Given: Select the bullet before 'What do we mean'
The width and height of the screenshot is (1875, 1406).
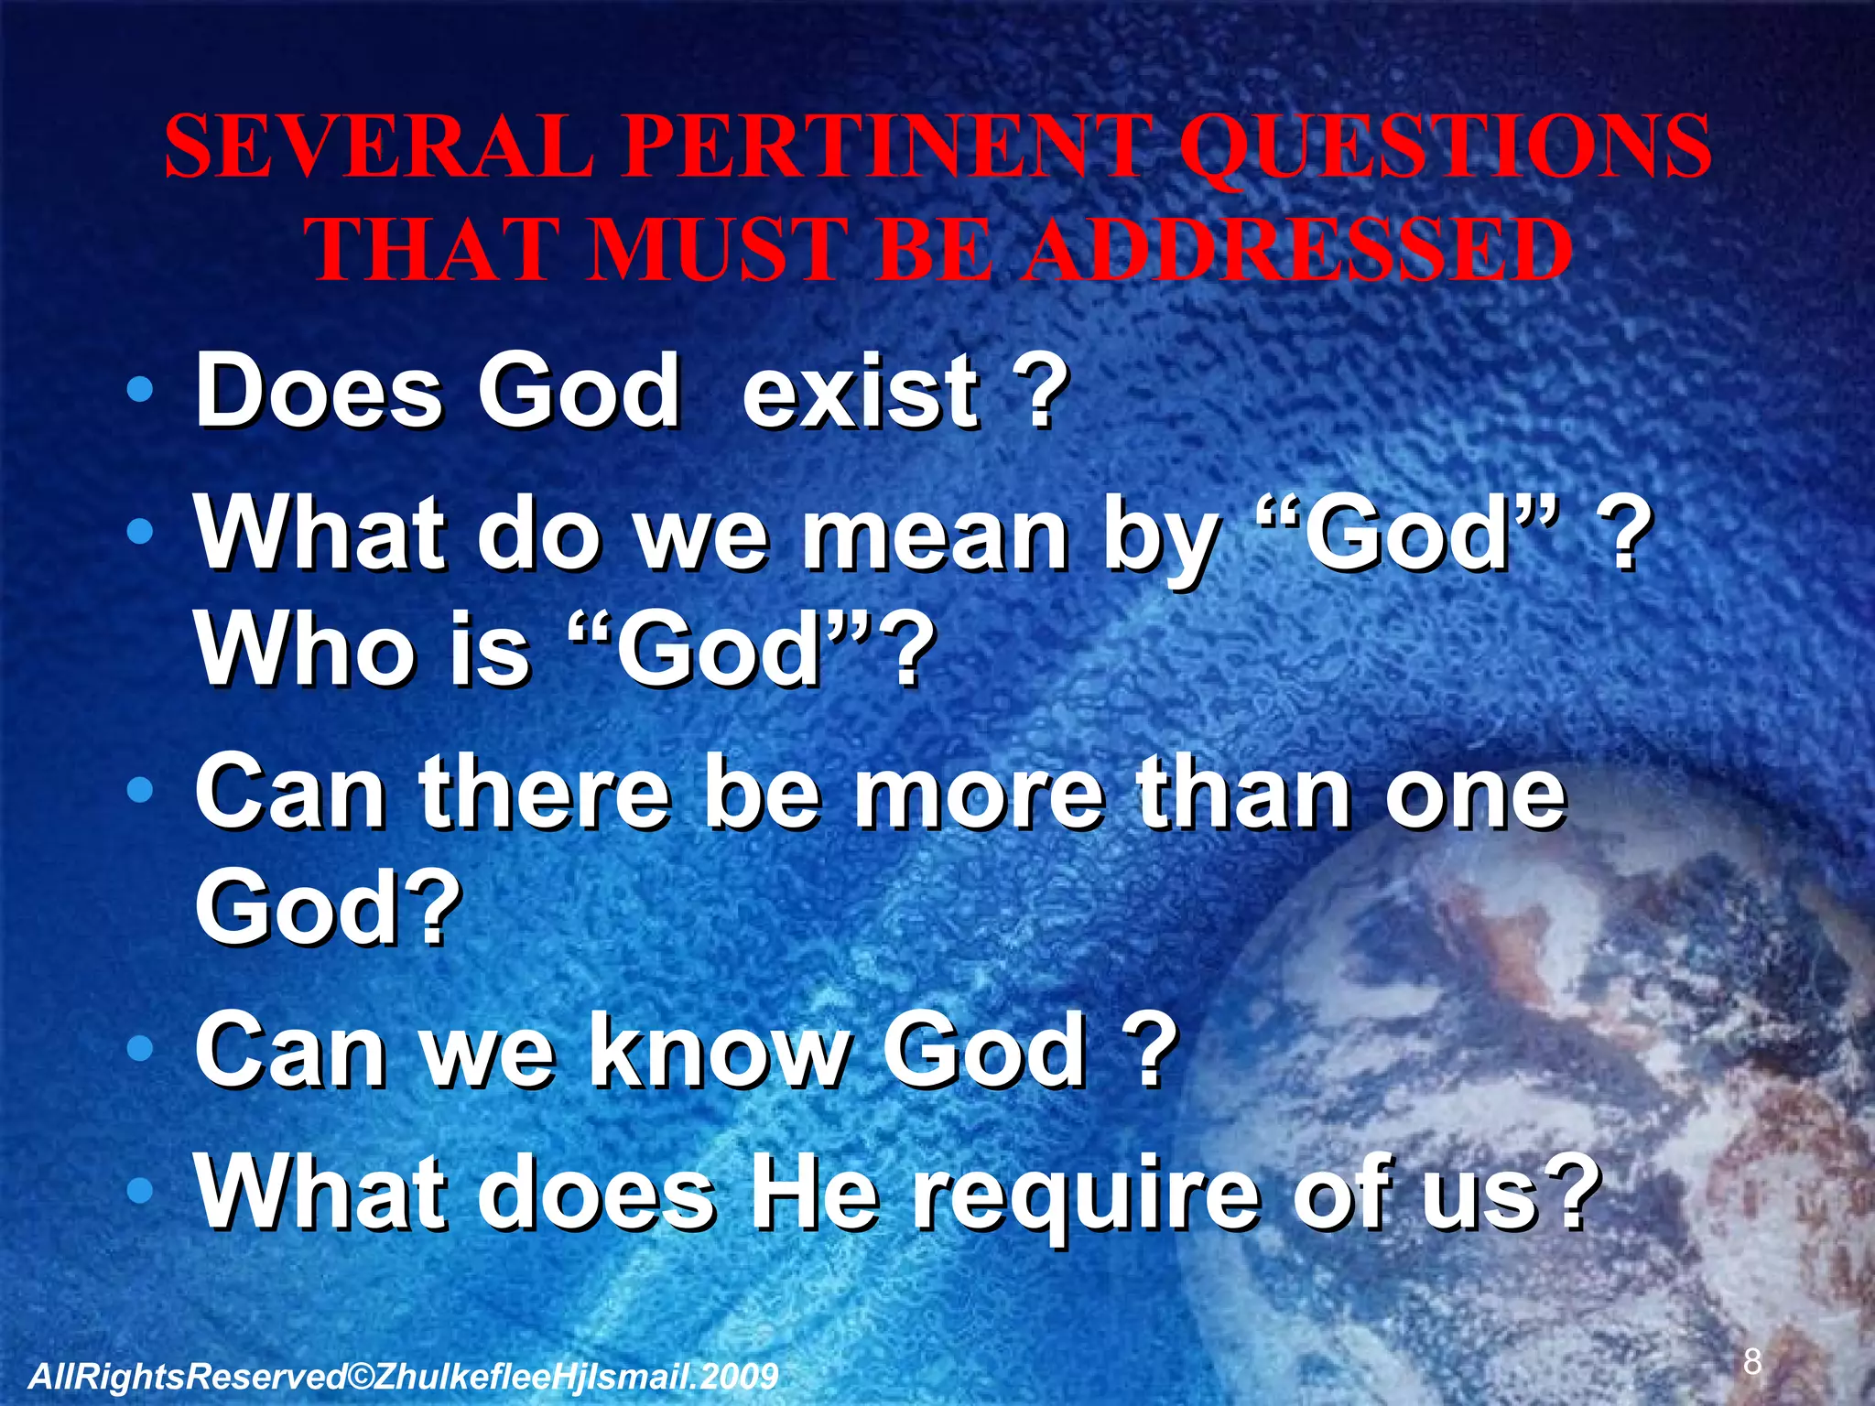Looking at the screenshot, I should (139, 531).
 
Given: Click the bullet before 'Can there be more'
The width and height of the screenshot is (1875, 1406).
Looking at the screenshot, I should (139, 789).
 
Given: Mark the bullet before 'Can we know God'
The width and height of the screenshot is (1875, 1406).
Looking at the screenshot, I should (139, 1049).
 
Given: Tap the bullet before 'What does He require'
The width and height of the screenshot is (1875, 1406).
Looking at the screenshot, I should (139, 1191).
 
